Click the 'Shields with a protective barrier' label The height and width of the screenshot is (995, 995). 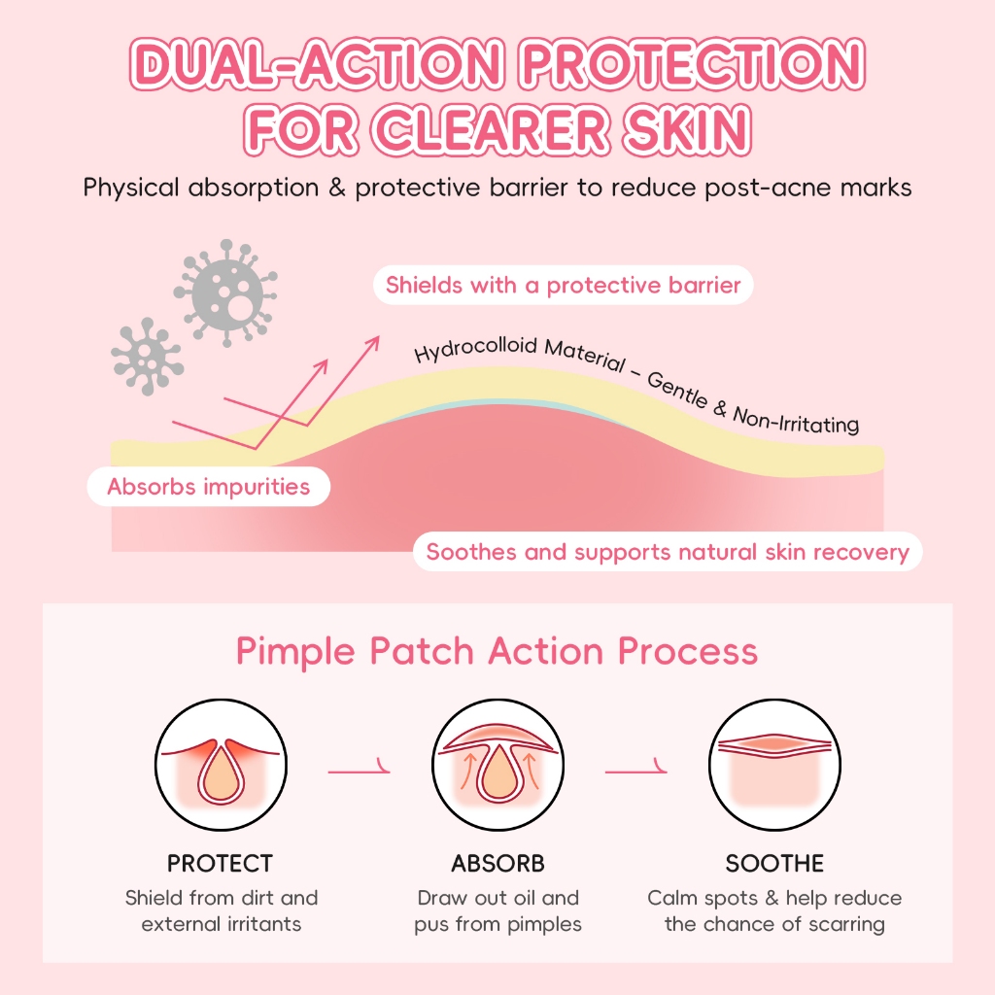tap(564, 286)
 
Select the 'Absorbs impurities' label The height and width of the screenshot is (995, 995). tap(208, 486)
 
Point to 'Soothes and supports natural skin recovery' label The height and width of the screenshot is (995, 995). tap(668, 553)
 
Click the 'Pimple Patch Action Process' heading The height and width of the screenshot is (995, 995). tap(497, 651)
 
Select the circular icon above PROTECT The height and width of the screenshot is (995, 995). tap(220, 768)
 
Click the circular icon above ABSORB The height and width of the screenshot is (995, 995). tap(497, 768)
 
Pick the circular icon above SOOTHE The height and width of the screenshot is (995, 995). tap(774, 768)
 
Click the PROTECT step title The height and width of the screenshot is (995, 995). tap(220, 863)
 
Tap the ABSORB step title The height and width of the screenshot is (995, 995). tap(497, 863)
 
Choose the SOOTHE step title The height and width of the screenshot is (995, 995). tap(774, 863)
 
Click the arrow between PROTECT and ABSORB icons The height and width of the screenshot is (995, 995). tap(359, 772)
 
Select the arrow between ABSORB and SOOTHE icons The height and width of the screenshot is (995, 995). tap(636, 772)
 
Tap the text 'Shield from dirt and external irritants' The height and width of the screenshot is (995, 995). tap(222, 910)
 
